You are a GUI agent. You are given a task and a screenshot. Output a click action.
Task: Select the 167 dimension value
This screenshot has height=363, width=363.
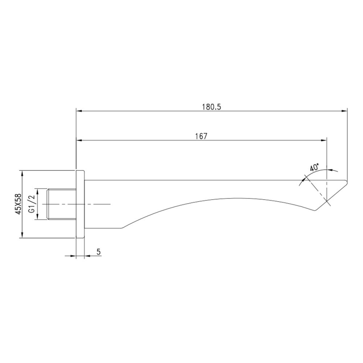[201, 136]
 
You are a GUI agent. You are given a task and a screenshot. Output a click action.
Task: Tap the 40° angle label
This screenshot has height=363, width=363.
[314, 168]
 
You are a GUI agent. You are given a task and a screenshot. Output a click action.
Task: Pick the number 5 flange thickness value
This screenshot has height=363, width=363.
[98, 252]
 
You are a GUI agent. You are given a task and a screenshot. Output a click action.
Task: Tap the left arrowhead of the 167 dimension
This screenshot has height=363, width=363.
[79, 140]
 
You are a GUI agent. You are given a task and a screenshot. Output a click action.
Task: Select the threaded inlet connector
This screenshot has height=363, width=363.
[62, 204]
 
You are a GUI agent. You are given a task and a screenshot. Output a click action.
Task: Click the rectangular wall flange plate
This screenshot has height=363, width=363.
[80, 204]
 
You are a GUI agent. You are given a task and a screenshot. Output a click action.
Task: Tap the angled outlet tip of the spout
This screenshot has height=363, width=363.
[338, 192]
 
